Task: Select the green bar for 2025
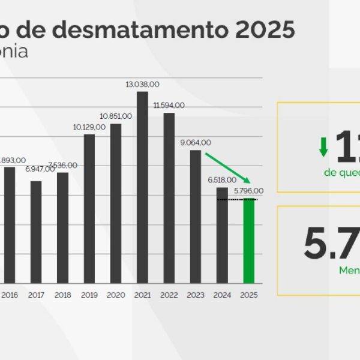coord(248,241)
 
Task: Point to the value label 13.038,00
coord(142,85)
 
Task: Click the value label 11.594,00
coord(169,106)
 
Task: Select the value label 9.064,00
coord(196,143)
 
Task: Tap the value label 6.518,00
coord(222,180)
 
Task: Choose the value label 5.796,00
coord(248,191)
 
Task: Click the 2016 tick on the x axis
coord(10,295)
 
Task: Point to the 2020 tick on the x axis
coord(116,295)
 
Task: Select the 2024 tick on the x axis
coord(222,295)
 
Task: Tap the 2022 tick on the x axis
coord(169,295)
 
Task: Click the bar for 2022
coord(169,198)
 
